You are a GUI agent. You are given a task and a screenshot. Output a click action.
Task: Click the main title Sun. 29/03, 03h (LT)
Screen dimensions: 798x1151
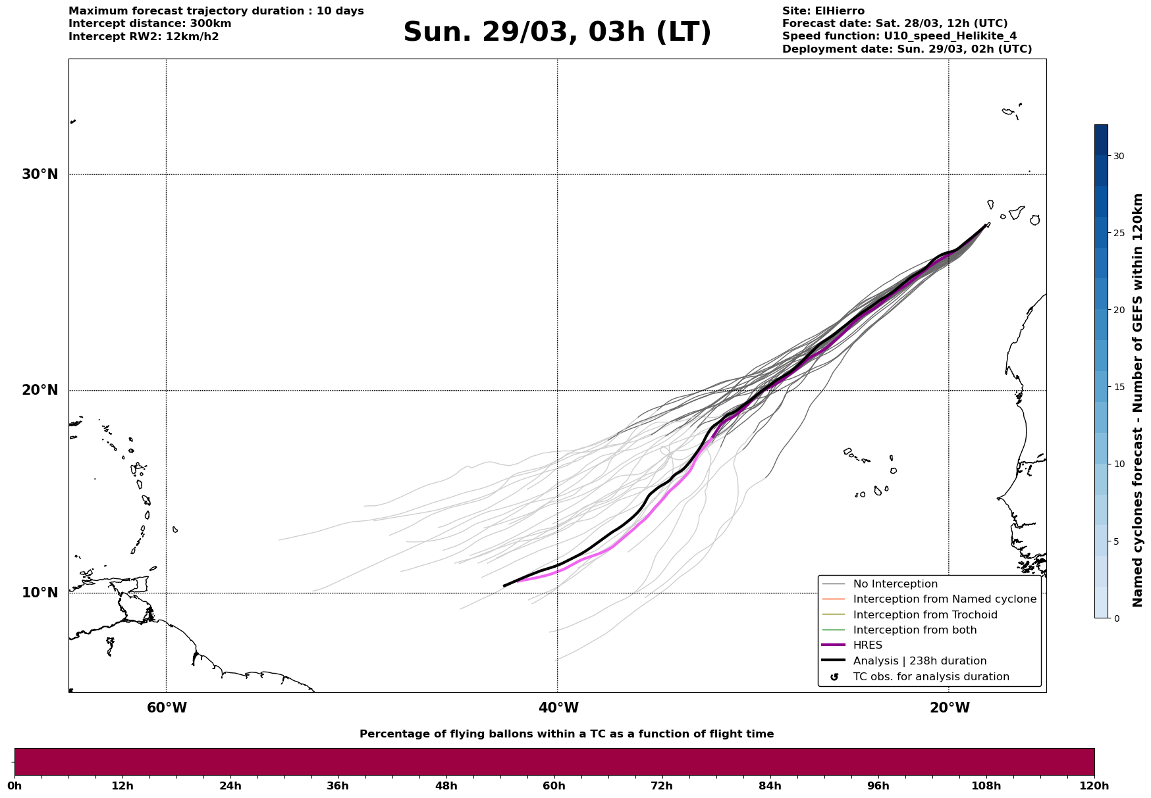(x=557, y=32)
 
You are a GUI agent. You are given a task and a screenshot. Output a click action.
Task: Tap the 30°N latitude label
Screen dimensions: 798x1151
(x=40, y=174)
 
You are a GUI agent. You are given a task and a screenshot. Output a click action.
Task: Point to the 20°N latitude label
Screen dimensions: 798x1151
(x=40, y=390)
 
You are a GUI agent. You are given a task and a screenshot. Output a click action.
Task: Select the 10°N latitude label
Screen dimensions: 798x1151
(x=40, y=593)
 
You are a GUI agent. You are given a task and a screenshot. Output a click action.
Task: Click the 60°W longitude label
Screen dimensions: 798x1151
(x=167, y=708)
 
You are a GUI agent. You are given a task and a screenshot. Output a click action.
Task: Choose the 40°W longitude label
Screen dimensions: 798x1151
(x=558, y=708)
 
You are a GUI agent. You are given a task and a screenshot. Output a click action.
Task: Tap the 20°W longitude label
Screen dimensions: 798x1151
(x=950, y=708)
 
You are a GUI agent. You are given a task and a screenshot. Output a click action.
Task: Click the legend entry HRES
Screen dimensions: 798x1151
(x=867, y=645)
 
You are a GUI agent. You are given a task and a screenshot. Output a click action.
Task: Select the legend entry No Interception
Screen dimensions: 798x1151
(x=895, y=584)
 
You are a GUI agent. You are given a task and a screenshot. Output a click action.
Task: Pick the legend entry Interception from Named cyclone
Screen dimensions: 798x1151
(x=944, y=599)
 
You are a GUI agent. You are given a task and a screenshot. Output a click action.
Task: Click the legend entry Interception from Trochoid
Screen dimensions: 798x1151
(x=924, y=615)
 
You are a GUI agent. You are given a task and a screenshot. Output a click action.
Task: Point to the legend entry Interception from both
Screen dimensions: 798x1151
(x=915, y=630)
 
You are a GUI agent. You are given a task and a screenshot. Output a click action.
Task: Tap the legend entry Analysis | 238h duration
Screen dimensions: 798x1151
(x=919, y=661)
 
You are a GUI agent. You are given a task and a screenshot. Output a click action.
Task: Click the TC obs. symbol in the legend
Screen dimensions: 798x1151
(x=834, y=677)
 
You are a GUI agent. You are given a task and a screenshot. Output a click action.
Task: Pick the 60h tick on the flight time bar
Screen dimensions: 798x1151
(x=554, y=786)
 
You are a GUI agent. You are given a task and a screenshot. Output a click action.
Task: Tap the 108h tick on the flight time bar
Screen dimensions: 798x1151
(x=986, y=786)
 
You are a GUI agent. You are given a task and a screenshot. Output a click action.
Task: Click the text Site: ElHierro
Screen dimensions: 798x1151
(x=823, y=11)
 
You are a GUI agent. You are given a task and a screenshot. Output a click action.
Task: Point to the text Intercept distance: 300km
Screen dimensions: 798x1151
(x=149, y=24)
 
